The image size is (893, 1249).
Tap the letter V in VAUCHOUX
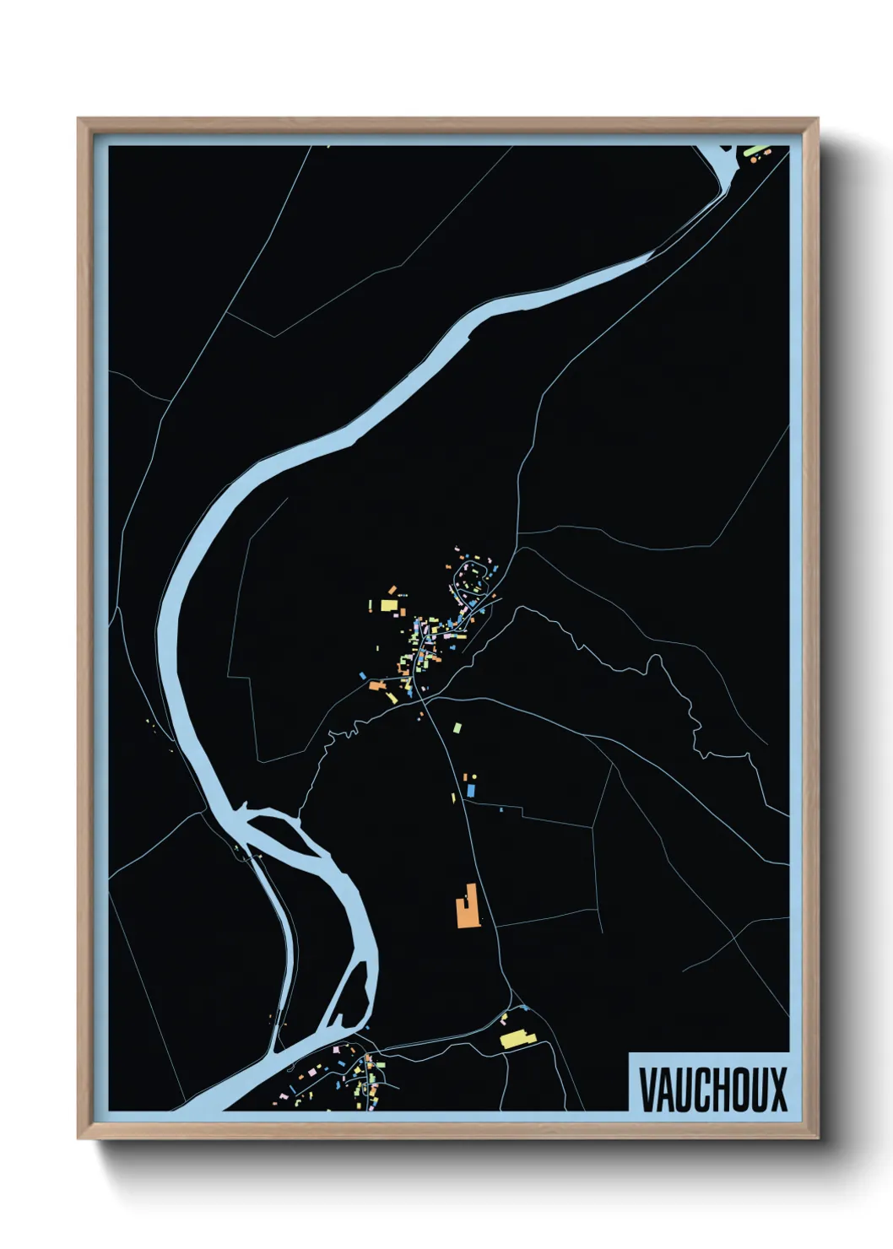pyautogui.click(x=647, y=1089)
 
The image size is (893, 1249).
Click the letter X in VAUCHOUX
pyautogui.click(x=777, y=1089)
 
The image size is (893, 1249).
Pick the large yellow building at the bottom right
pyautogui.click(x=514, y=1039)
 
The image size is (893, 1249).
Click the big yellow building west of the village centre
pyautogui.click(x=388, y=604)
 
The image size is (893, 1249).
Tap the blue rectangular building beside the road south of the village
pyautogui.click(x=471, y=790)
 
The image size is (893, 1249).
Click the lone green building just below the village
pyautogui.click(x=457, y=727)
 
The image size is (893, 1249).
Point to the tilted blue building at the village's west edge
pyautogui.click(x=363, y=675)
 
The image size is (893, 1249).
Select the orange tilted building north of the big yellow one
pyautogui.click(x=392, y=590)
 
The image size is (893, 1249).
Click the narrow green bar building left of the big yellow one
pyautogui.click(x=371, y=605)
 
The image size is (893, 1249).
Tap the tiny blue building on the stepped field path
pyautogui.click(x=501, y=809)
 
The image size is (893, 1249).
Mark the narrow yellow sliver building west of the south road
pyautogui.click(x=454, y=798)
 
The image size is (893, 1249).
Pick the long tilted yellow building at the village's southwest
pyautogui.click(x=391, y=698)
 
